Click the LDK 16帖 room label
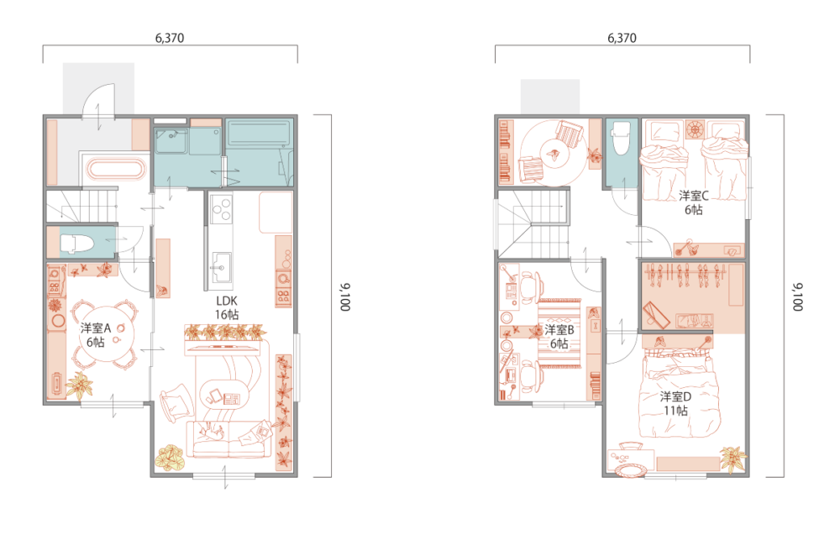227,308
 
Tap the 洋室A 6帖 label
96,335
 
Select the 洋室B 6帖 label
559,336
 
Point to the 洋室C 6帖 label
694,202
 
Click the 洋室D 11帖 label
675,403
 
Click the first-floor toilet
77,244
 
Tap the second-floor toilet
621,139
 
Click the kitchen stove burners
221,209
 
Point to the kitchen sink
220,267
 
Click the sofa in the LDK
229,439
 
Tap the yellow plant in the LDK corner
170,457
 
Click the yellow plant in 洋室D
733,459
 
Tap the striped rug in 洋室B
559,333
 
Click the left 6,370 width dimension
170,38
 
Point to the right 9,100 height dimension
797,296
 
